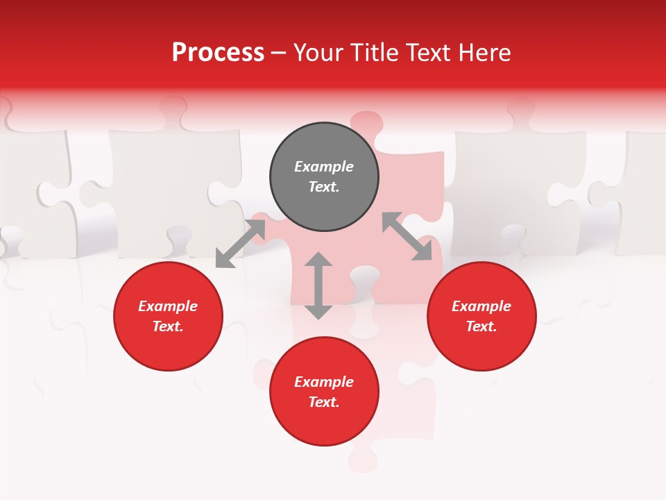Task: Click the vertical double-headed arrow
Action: [318, 285]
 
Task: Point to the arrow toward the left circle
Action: [240, 244]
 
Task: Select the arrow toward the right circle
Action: [407, 237]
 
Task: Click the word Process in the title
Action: [218, 53]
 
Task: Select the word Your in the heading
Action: [318, 53]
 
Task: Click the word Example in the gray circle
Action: [324, 167]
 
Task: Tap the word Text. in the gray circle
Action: [324, 187]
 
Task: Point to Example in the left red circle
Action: [168, 306]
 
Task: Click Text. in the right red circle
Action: [481, 326]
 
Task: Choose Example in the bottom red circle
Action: [324, 382]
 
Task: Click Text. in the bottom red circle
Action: [324, 402]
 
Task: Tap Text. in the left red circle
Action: [168, 326]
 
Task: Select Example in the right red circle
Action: [481, 306]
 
